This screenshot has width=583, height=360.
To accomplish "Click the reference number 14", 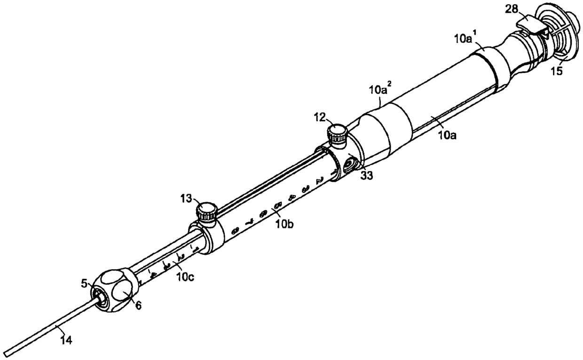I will pos(66,341).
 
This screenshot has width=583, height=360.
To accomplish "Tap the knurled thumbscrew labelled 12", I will pos(338,135).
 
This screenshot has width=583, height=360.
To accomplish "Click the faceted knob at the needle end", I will pos(113,291).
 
